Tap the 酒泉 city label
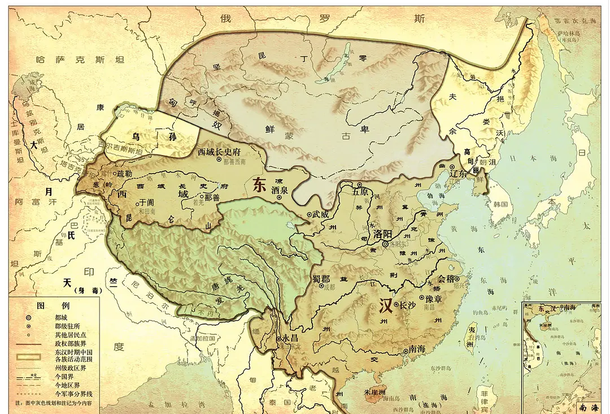click(x=280, y=190)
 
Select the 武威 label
click(x=320, y=214)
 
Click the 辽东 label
click(x=459, y=174)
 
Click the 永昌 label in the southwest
click(x=290, y=338)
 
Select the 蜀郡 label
click(x=320, y=278)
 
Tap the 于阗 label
click(x=146, y=201)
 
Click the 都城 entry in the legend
click(x=62, y=318)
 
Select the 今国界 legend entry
click(x=64, y=376)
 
